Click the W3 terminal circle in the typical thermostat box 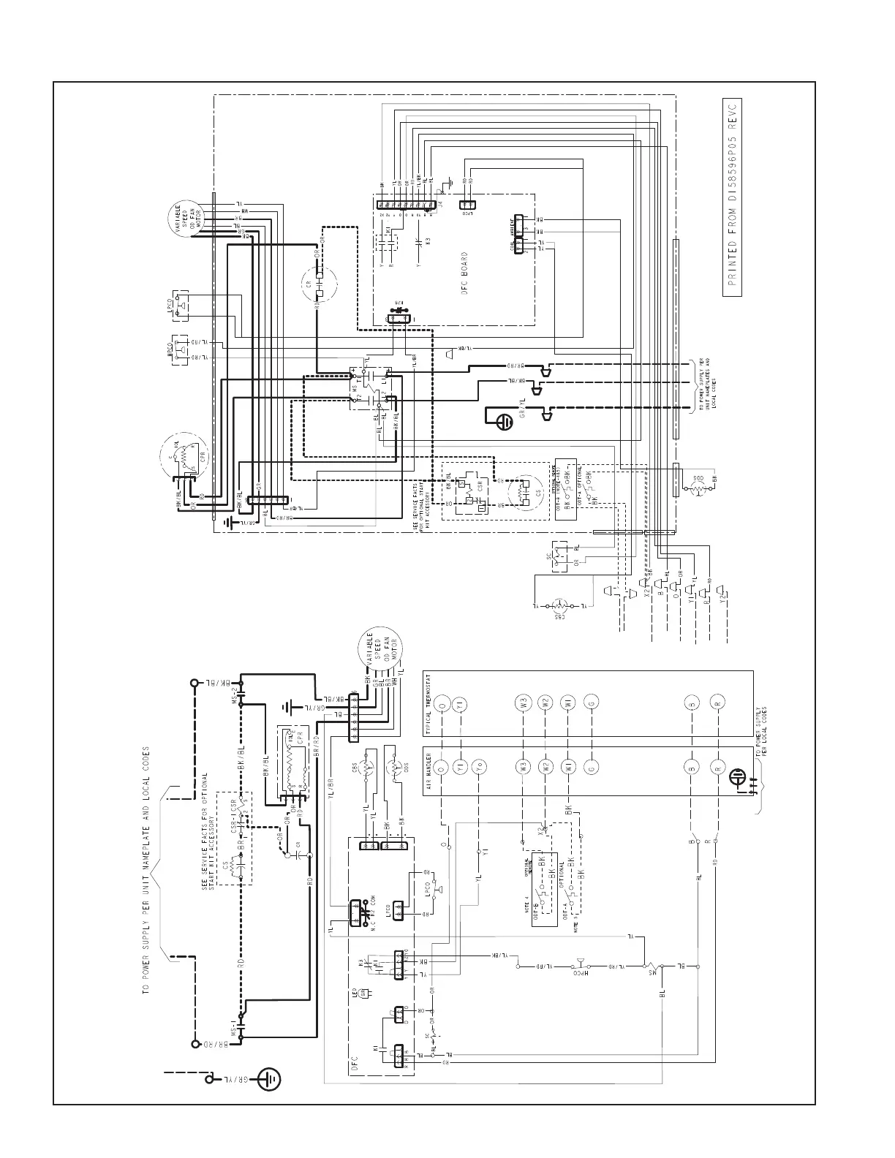[522, 703]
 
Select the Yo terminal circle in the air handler [478, 768]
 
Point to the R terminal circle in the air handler [717, 768]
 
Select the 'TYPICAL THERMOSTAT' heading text [429, 705]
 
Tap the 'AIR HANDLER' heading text [429, 770]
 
